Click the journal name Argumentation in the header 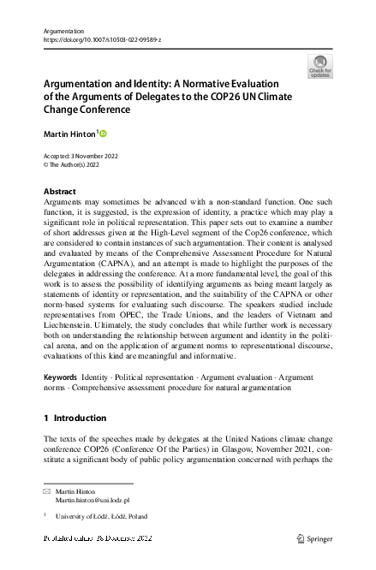[62, 30]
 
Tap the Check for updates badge [319, 66]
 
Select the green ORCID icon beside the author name [104, 134]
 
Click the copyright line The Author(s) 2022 [81, 165]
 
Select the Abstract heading [59, 191]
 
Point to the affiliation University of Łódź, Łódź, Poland [101, 517]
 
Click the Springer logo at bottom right [313, 538]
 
